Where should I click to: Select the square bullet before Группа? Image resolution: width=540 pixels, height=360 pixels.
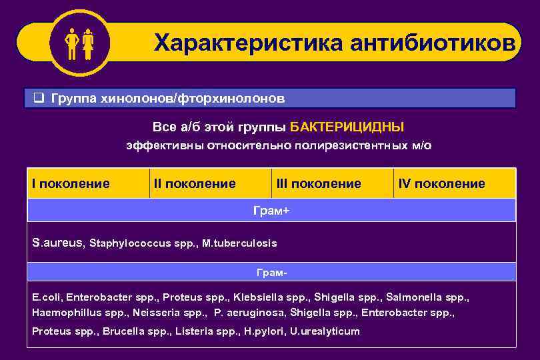coord(39,99)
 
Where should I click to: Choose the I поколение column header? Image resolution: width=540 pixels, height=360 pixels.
coord(71,183)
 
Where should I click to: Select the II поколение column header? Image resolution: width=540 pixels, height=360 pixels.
coord(195,183)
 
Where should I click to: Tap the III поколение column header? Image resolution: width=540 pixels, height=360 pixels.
coord(318,183)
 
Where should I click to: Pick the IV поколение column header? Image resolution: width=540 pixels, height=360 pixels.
coord(441,183)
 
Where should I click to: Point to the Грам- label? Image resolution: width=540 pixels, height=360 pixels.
coord(272,273)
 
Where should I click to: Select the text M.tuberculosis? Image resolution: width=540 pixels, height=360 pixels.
coord(244,243)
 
